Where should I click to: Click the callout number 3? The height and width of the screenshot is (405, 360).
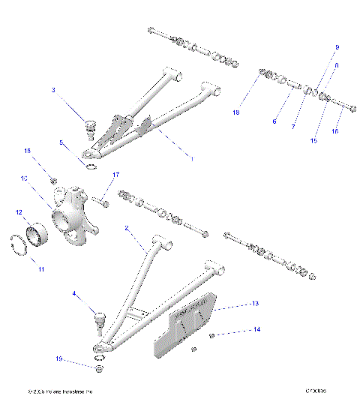coord(53,90)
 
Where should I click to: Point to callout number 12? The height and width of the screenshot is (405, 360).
coord(19,212)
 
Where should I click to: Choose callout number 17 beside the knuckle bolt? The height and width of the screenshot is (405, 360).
coord(116,175)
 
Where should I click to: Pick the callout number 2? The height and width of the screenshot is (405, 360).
coord(128,227)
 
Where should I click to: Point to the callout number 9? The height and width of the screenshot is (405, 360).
coord(337,47)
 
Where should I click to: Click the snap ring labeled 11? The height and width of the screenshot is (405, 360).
coord(25,247)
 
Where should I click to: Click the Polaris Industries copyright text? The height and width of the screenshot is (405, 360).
coord(59,392)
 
